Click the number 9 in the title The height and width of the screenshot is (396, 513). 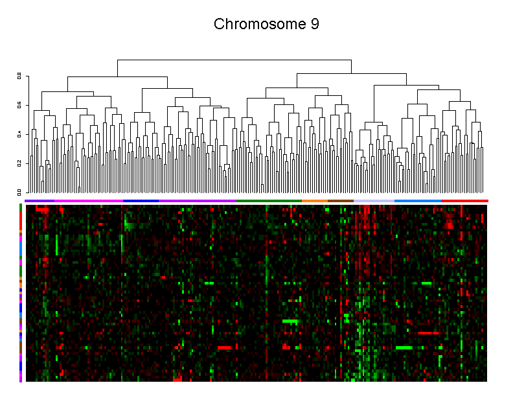314,25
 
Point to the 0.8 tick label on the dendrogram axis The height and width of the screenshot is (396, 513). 19,76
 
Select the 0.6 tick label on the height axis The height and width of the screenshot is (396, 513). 19,105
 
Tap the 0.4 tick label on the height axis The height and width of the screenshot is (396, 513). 19,134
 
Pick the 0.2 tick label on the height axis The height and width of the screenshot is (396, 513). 19,163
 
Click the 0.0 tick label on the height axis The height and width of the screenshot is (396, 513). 19,192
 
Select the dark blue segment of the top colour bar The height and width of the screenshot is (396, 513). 141,201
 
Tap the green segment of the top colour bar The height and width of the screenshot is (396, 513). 269,201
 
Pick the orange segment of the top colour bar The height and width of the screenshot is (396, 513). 314,201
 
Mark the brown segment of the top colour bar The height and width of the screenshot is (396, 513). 340,201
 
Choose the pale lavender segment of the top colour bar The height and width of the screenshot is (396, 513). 374,201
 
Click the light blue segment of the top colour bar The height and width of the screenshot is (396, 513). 417,201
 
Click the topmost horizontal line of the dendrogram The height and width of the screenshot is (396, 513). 234,60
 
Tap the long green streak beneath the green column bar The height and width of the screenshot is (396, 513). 290,321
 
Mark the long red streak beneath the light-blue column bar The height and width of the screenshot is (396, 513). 427,332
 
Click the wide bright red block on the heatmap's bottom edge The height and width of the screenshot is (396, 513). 178,378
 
